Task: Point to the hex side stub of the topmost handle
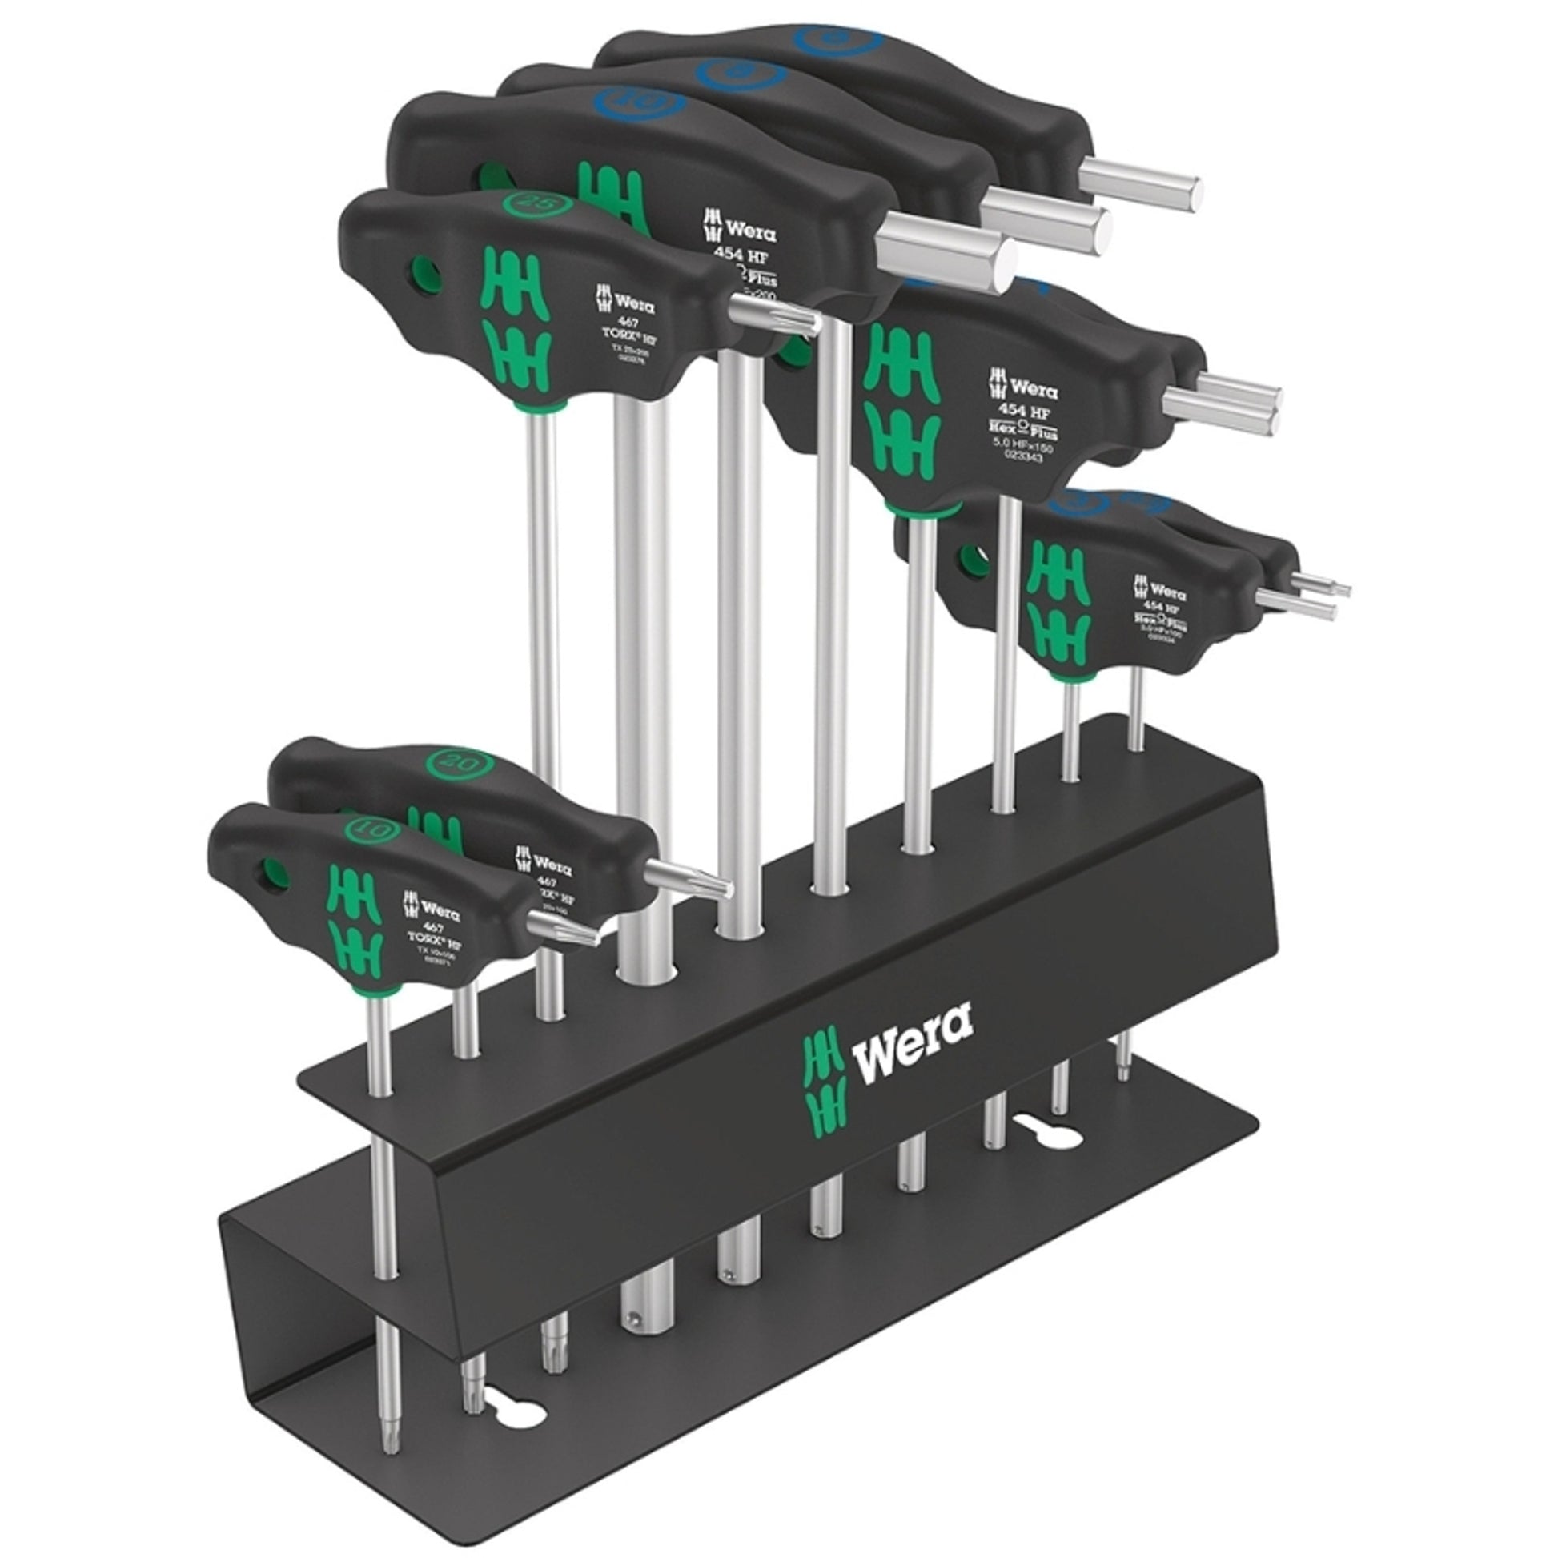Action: pyautogui.click(x=1140, y=183)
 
